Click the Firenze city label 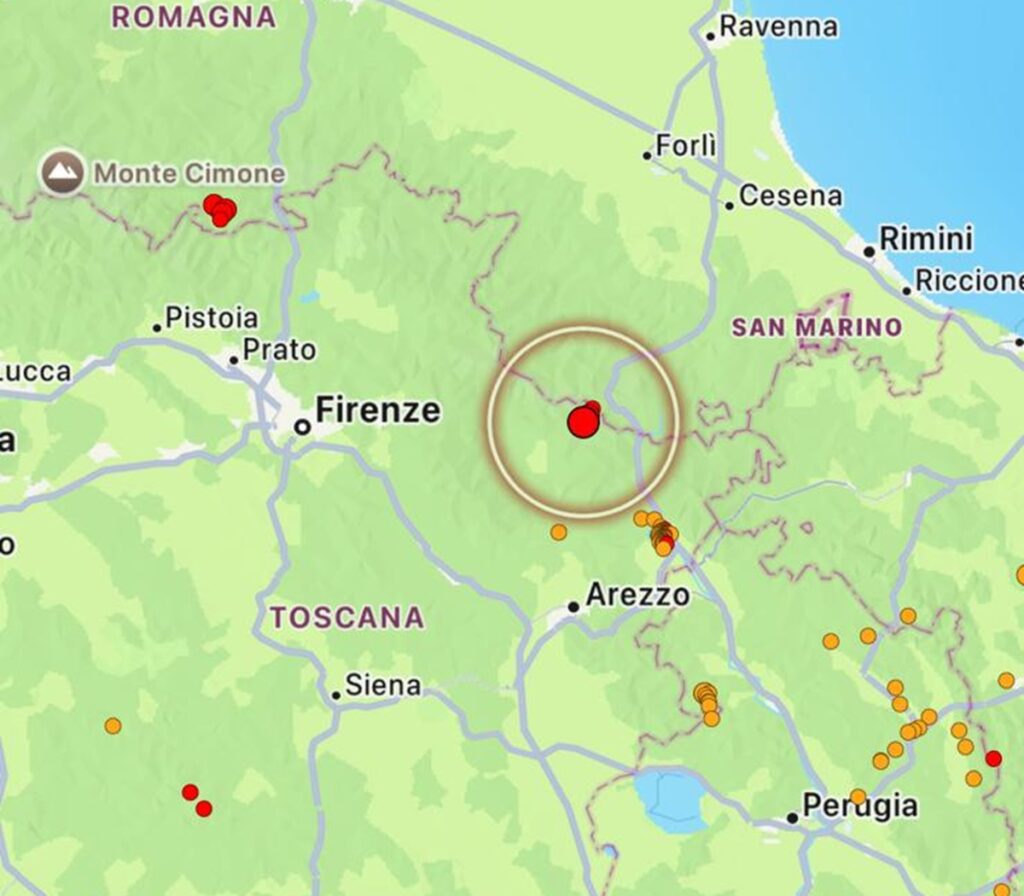(377, 410)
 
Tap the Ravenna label (778, 27)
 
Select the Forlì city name (686, 146)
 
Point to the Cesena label (790, 196)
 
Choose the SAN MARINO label (816, 327)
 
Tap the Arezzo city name (637, 596)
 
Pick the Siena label (382, 686)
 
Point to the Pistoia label (211, 319)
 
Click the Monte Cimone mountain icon (62, 174)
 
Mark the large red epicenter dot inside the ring (583, 422)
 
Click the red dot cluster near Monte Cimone (220, 210)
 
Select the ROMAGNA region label (193, 17)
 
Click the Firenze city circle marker (301, 427)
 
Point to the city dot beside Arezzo (573, 606)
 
